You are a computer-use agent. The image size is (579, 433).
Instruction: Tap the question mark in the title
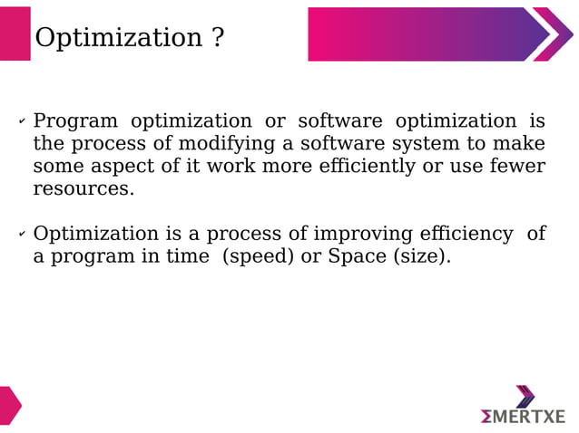click(217, 38)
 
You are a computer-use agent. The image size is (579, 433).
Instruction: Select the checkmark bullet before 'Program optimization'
click(22, 121)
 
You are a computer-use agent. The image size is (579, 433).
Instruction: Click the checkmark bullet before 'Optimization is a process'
click(22, 235)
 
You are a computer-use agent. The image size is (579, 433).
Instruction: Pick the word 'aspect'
click(117, 167)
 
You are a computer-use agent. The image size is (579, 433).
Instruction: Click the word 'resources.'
click(83, 189)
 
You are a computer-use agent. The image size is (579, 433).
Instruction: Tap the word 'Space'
click(357, 256)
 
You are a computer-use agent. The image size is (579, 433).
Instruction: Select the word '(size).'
click(421, 256)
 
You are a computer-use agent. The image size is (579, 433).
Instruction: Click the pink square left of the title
click(15, 34)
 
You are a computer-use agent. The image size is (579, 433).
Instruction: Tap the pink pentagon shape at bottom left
click(9, 405)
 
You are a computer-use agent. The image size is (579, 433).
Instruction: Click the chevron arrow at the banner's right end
click(554, 34)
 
